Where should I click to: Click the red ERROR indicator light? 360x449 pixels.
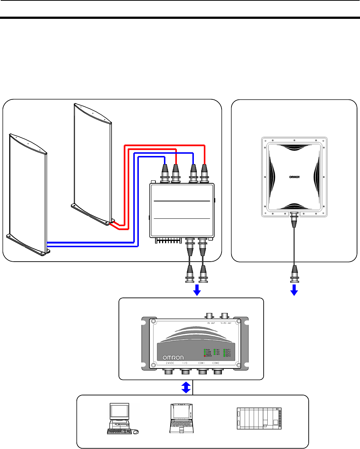(205, 356)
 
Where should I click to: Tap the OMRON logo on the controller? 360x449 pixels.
(175, 358)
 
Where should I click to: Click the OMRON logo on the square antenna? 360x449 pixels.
(294, 177)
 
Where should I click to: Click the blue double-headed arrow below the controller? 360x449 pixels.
(186, 387)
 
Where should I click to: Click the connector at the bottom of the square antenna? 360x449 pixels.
(294, 220)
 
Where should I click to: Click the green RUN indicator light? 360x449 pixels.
(205, 349)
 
